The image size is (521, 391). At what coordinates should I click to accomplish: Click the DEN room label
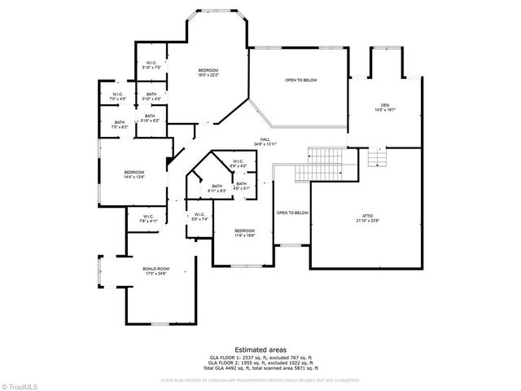(386, 106)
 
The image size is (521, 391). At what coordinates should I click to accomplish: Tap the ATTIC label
(367, 216)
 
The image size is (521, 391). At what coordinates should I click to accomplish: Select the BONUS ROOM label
(156, 269)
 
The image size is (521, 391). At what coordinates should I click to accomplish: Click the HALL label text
(265, 139)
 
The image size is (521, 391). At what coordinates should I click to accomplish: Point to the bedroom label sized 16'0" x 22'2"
(208, 71)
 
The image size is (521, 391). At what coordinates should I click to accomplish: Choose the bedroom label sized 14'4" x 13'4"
(134, 172)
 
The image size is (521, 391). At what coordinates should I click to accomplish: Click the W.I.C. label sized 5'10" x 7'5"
(151, 63)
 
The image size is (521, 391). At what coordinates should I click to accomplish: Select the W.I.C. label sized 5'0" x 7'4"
(199, 216)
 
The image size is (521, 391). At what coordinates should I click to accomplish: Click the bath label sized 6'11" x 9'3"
(217, 187)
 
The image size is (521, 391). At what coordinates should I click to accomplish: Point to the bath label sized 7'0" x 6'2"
(120, 124)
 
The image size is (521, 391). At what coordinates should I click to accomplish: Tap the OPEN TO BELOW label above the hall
(300, 81)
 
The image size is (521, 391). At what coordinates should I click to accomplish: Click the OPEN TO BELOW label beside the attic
(291, 213)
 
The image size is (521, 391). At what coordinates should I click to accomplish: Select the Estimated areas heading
(260, 349)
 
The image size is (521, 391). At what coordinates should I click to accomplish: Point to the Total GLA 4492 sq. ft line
(260, 370)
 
